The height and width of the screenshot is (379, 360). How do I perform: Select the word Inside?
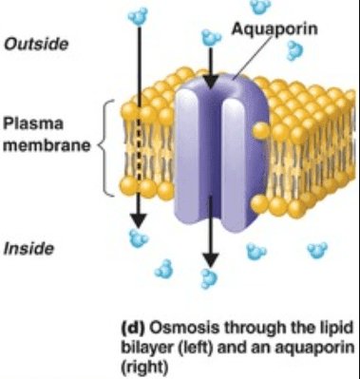click(30, 251)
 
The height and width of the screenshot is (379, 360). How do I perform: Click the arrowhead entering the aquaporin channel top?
click(209, 75)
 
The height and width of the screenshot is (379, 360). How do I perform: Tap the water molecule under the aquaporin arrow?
click(207, 277)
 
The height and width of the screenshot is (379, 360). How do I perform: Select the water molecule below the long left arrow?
click(140, 237)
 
